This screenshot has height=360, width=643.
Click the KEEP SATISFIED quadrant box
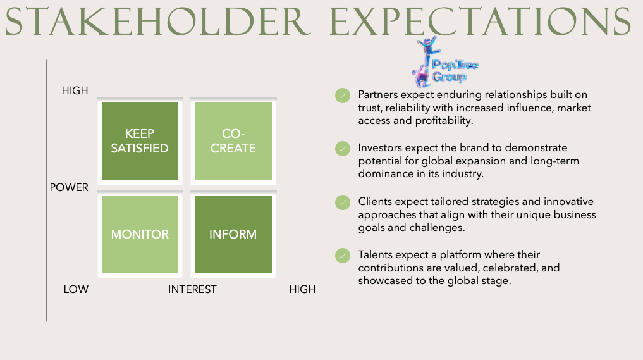pyautogui.click(x=140, y=141)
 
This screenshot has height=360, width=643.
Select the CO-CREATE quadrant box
pyautogui.click(x=233, y=141)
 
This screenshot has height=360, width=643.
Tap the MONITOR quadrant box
pyautogui.click(x=140, y=234)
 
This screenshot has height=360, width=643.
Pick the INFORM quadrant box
pyautogui.click(x=233, y=234)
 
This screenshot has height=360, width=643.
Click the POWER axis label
pyautogui.click(x=69, y=188)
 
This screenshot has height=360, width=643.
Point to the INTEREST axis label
pyautogui.click(x=192, y=289)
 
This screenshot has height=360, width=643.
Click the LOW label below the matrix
pyautogui.click(x=76, y=289)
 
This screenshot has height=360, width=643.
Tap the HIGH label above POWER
pyautogui.click(x=75, y=90)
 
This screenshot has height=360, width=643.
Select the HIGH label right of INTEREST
pyautogui.click(x=302, y=289)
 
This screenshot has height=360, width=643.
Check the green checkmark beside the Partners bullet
pyautogui.click(x=343, y=96)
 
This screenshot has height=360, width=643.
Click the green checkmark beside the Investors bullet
pyautogui.click(x=343, y=149)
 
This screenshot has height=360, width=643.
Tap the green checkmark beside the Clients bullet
pyautogui.click(x=343, y=202)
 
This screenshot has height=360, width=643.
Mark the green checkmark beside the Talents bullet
pyautogui.click(x=343, y=256)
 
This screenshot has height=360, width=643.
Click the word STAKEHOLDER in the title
pyautogui.click(x=157, y=21)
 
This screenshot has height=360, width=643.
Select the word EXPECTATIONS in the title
pyautogui.click(x=481, y=21)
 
